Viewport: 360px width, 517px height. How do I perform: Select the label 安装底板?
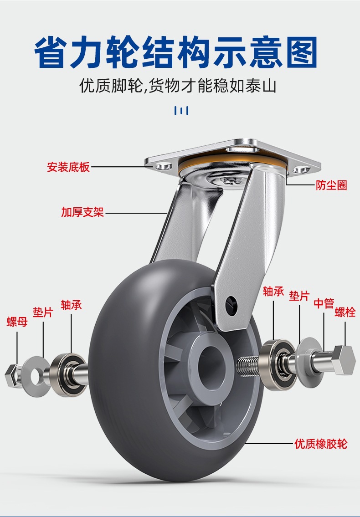tap(68, 167)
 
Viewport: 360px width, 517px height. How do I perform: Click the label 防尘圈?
tap(331, 185)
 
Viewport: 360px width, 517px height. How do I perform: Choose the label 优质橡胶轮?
tap(321, 444)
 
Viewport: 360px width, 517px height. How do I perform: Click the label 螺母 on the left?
tap(17, 322)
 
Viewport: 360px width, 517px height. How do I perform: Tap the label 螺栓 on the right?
tap(345, 312)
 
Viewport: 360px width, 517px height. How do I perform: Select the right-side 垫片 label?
tap(299, 296)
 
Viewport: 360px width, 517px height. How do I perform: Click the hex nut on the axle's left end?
tap(12, 375)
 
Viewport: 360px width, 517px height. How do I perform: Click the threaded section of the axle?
tap(248, 365)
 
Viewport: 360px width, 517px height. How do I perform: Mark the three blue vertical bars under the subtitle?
tap(181, 111)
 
